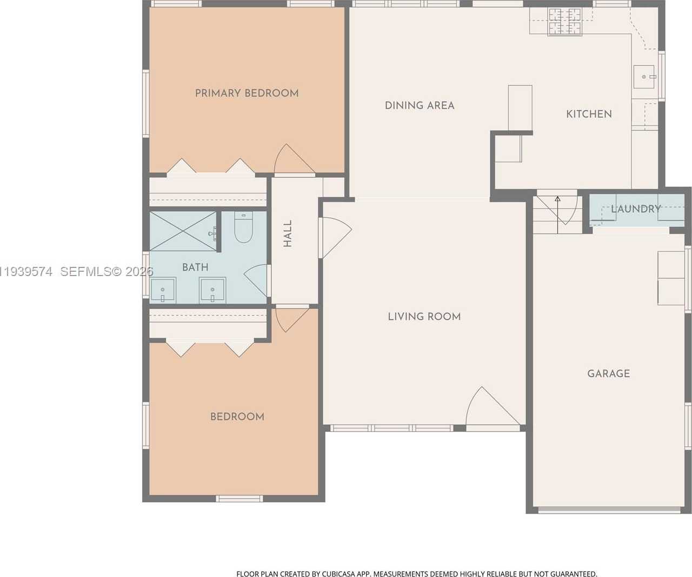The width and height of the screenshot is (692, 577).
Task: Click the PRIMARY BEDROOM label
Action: point(247,93)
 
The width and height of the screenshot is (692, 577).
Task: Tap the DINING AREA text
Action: point(420,105)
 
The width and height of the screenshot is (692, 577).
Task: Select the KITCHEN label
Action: point(589,114)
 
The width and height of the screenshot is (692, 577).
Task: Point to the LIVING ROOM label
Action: point(424,317)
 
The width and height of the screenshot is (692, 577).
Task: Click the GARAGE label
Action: point(609,373)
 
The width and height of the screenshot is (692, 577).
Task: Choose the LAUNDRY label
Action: point(636,209)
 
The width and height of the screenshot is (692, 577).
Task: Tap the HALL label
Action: point(288,233)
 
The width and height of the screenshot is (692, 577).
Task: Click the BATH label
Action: point(195,267)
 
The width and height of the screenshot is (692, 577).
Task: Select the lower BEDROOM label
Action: point(237,417)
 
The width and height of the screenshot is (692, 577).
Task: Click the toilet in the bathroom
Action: point(243,227)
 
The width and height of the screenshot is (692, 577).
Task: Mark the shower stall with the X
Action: point(183,231)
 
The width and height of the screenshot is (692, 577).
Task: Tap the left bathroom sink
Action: point(163,291)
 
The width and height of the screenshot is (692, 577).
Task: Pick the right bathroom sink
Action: point(212,291)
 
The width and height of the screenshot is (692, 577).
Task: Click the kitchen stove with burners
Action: point(565,22)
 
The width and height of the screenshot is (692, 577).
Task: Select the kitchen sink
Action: point(644,77)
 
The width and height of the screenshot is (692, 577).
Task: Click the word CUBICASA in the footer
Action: point(338,574)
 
